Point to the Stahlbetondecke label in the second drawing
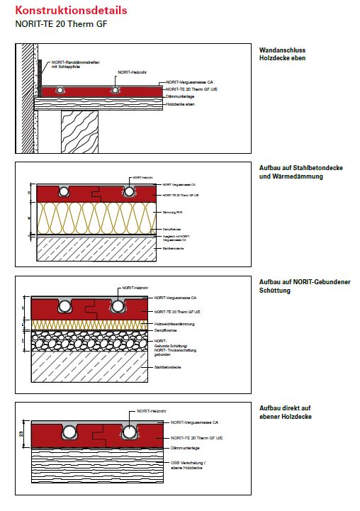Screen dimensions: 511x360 point(173,249)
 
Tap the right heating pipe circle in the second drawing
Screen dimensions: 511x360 point(130,191)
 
